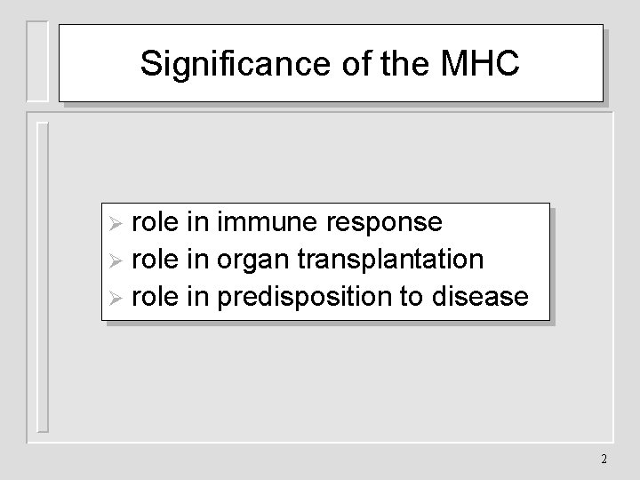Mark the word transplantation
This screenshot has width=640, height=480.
(392, 260)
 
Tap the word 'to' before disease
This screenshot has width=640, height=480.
(412, 297)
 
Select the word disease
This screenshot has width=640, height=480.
(480, 297)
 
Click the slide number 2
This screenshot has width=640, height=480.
(604, 460)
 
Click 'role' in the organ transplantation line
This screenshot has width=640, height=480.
(156, 260)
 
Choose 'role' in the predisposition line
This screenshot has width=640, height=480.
(156, 297)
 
